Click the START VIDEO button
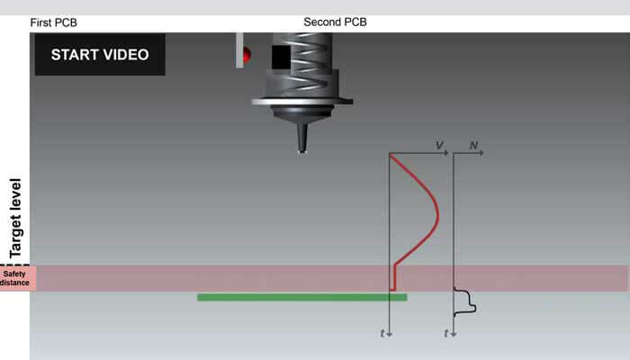100,54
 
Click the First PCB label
53,22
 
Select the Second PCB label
335,22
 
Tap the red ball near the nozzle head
247,54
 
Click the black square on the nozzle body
281,57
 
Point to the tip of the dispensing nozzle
302,152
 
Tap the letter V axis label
439,145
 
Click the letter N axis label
473,145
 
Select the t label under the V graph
382,333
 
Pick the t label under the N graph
446,333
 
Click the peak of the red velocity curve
438,216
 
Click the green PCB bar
302,297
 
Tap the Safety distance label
15,278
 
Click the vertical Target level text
15,218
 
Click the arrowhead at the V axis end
446,153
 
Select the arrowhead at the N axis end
481,153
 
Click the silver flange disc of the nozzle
302,102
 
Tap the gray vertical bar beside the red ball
239,50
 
